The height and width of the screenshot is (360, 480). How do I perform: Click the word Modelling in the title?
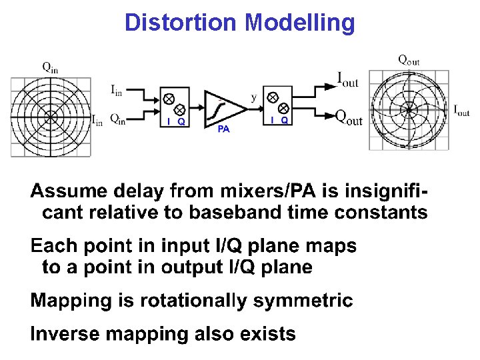[x=299, y=23]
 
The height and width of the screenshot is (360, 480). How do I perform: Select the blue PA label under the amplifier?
[x=223, y=129]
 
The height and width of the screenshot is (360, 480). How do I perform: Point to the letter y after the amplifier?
[x=253, y=97]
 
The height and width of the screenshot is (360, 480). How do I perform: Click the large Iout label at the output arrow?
[x=347, y=81]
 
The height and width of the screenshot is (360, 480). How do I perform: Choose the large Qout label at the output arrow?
[x=349, y=118]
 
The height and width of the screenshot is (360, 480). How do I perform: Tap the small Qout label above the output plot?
[x=409, y=59]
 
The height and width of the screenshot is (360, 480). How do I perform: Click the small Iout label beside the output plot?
[x=461, y=110]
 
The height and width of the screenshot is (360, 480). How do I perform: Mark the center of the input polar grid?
[x=51, y=117]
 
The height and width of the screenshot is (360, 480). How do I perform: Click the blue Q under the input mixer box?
[x=181, y=122]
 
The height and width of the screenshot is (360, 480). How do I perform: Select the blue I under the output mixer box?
[x=272, y=121]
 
